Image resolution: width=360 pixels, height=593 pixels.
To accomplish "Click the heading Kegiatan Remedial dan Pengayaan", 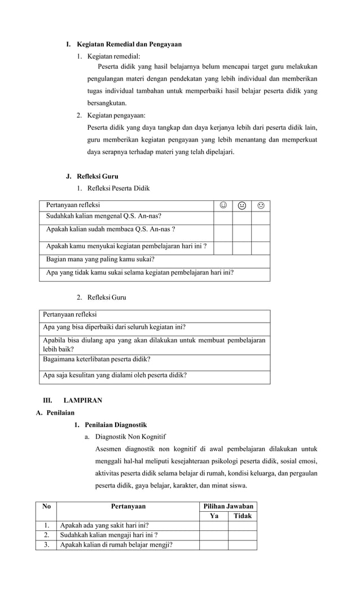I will tap(129, 44).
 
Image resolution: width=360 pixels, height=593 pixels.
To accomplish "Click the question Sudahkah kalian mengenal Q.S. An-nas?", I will tap(99, 216).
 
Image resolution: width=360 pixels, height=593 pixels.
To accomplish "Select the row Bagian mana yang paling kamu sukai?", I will tap(100, 260).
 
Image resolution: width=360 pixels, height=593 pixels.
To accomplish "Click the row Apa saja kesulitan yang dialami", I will tap(115, 375).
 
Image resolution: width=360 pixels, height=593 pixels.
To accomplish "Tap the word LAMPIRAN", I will tap(82, 400).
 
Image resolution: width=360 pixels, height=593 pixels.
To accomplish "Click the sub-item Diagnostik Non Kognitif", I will tap(130, 436).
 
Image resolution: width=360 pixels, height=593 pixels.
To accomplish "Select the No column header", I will tap(46, 506).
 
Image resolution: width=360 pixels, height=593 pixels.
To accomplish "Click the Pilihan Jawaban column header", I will tap(228, 506).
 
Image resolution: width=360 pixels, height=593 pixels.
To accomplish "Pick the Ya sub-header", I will tap(214, 516).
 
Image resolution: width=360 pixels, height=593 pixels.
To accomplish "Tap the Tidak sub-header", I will tap(243, 516).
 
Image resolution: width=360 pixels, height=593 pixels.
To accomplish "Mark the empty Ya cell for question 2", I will tap(214, 535).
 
